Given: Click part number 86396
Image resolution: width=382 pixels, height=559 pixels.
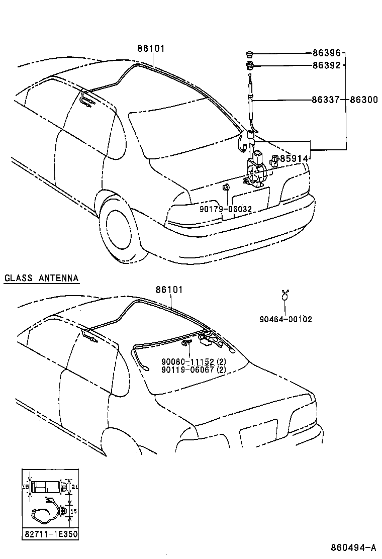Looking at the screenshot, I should point(326,53).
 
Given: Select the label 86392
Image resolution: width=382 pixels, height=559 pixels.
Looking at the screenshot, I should point(326,65).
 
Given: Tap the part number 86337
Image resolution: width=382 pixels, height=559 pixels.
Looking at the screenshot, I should point(326,100).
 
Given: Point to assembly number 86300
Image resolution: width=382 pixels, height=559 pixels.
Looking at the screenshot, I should point(363,100).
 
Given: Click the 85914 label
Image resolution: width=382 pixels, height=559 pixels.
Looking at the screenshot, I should point(294,159).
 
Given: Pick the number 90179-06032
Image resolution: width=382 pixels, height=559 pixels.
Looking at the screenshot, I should point(225,209).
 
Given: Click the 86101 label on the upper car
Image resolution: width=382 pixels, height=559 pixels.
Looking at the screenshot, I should point(151,49).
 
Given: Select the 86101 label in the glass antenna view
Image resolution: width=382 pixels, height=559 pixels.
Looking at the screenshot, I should point(169,290).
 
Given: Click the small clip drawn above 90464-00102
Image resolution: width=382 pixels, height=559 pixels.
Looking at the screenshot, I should point(285,295).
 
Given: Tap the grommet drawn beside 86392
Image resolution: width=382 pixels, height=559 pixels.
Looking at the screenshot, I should point(250,64).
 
